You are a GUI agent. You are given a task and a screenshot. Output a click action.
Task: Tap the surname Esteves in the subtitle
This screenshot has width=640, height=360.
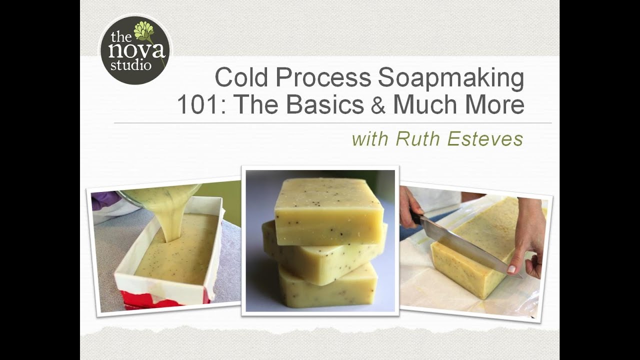485,139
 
